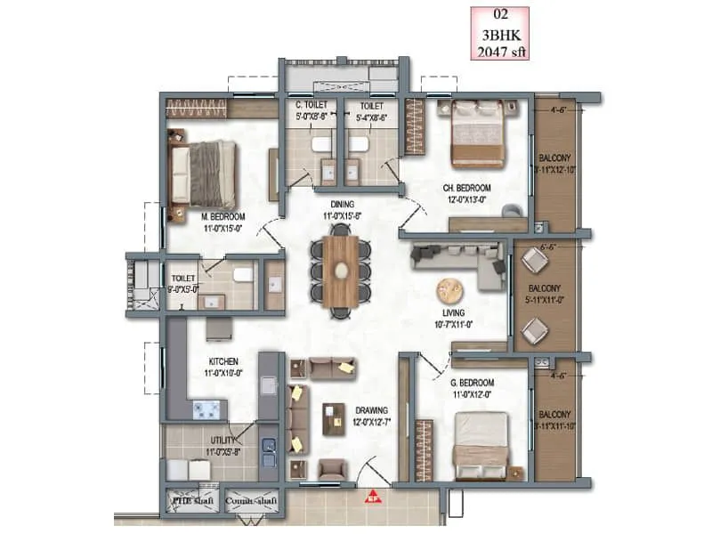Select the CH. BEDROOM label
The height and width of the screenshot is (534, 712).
coord(467,188)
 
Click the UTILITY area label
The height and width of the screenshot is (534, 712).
coord(222,441)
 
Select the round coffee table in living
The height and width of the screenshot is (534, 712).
coord(450,291)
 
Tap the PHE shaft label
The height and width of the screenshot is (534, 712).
coord(191,500)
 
